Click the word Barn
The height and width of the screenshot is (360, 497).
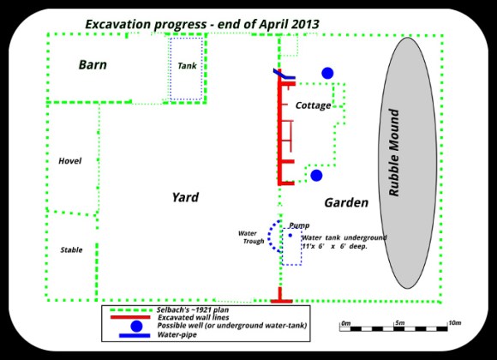pyautogui.click(x=93, y=64)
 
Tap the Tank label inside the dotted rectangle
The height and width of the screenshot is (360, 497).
pyautogui.click(x=187, y=66)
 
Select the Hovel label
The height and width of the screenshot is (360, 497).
pyautogui.click(x=69, y=161)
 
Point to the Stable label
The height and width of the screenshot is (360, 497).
pyautogui.click(x=71, y=250)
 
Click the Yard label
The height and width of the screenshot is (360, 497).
pyautogui.click(x=185, y=197)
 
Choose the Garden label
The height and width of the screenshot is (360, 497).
pyautogui.click(x=346, y=203)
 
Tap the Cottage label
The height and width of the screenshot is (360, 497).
pyautogui.click(x=313, y=105)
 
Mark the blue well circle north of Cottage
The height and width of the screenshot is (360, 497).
pyautogui.click(x=326, y=74)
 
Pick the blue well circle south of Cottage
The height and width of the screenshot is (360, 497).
pyautogui.click(x=316, y=175)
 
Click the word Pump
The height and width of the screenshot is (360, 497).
pyautogui.click(x=299, y=225)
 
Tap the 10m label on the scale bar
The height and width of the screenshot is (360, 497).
pyautogui.click(x=455, y=323)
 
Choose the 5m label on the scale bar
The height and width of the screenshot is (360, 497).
pyautogui.click(x=399, y=323)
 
